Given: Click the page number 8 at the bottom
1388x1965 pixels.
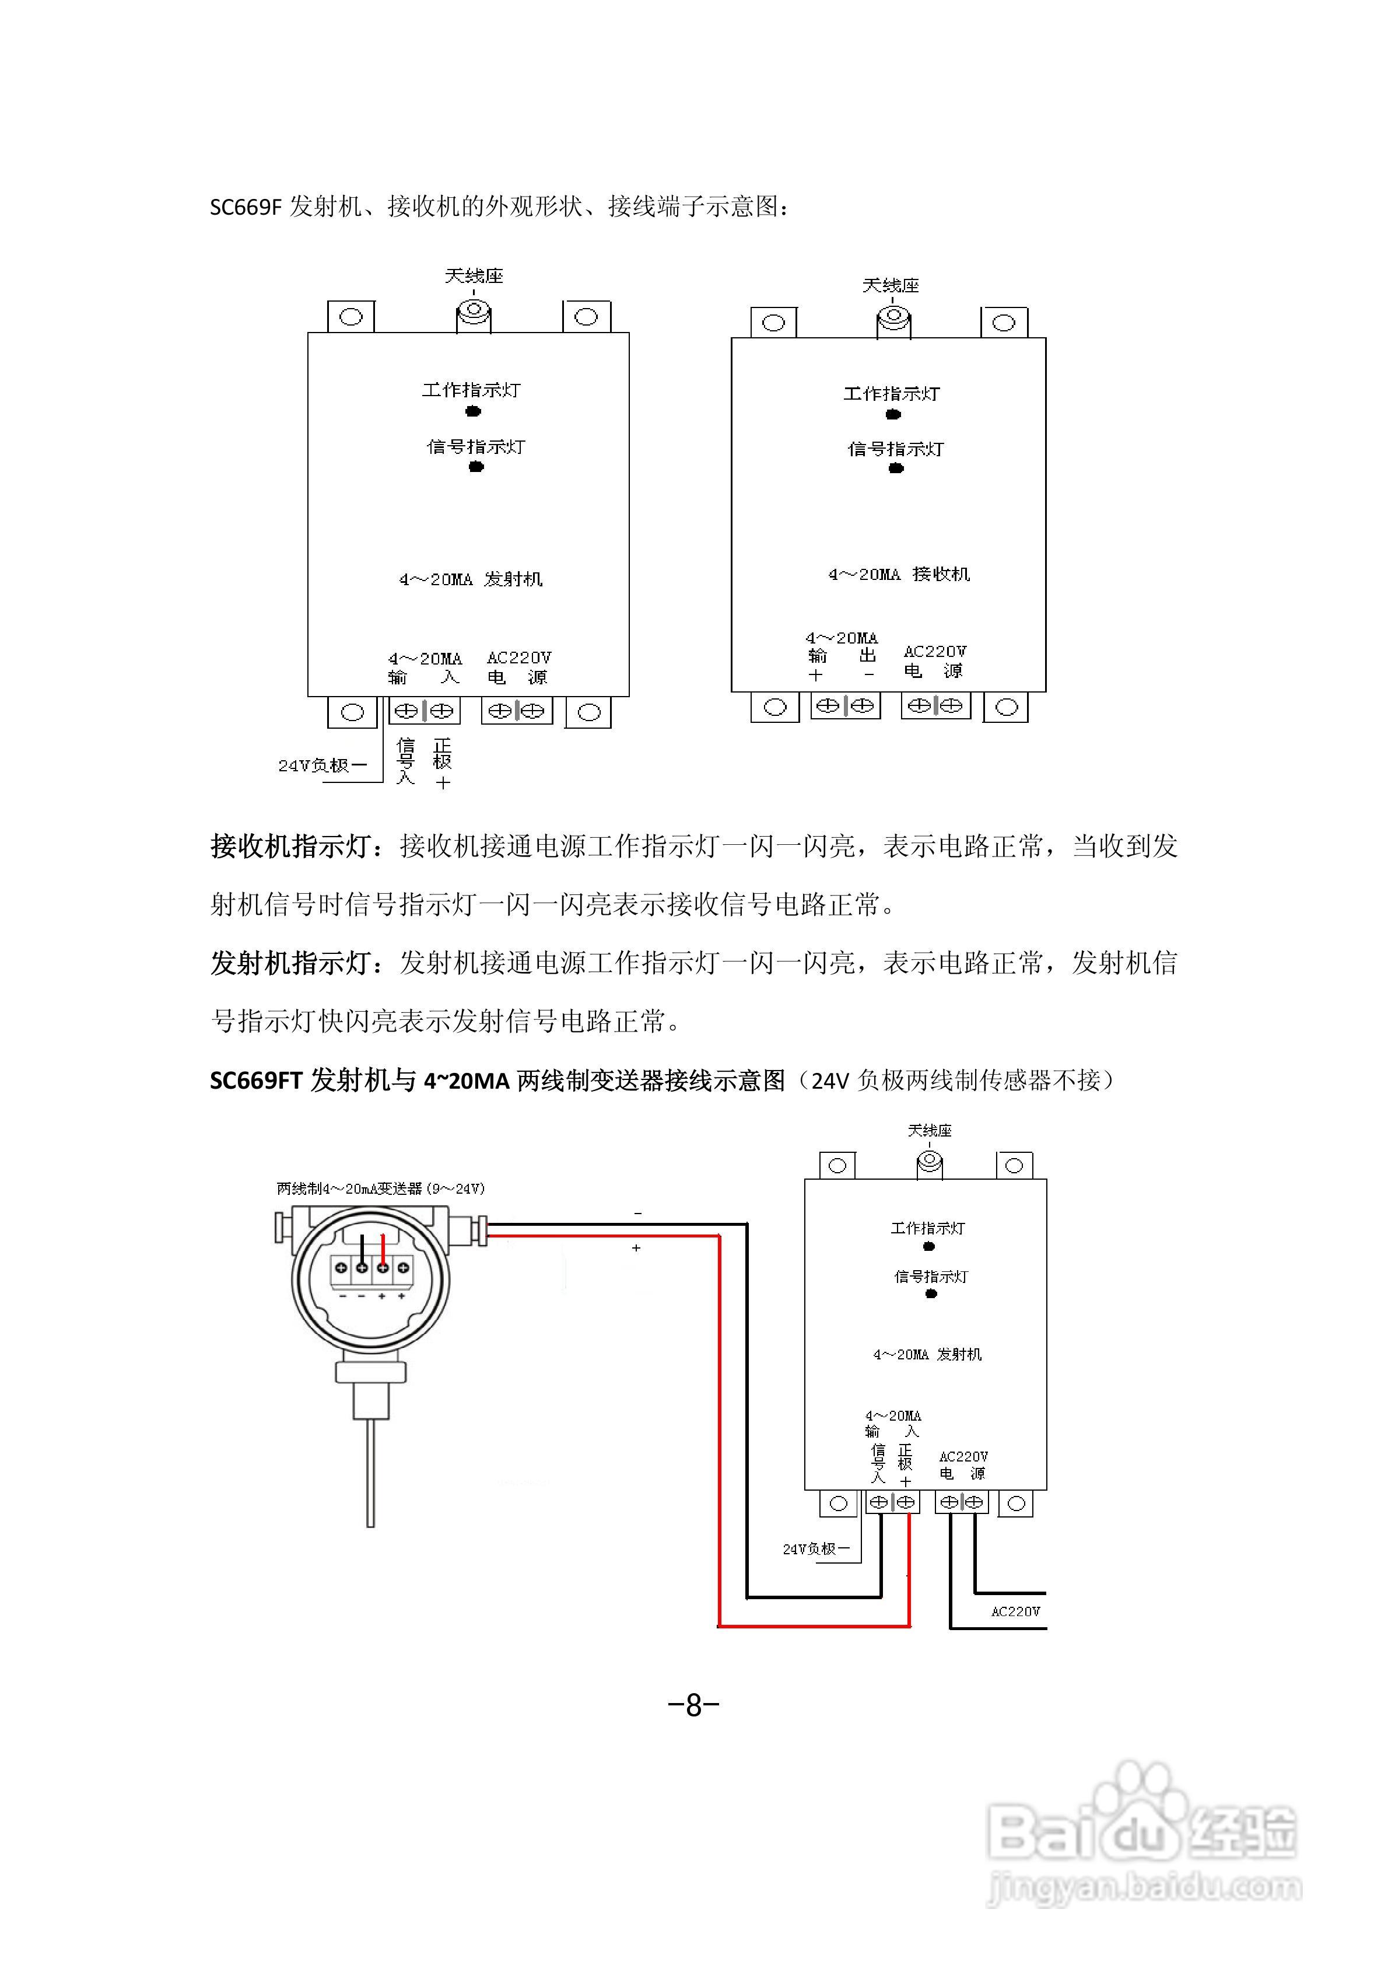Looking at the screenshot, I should (693, 1705).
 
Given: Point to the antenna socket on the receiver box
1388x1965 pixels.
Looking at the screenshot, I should (892, 320).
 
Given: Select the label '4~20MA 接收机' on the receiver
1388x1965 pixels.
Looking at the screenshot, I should (899, 574).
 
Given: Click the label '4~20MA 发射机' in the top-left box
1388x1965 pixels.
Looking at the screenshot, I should (471, 579).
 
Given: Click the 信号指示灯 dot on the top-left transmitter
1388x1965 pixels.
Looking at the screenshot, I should (476, 466).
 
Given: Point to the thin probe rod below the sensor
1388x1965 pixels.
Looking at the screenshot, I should (370, 1471).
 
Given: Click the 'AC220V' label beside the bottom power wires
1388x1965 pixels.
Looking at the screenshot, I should (1015, 1611).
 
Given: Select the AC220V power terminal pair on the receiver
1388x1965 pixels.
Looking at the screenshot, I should (935, 706).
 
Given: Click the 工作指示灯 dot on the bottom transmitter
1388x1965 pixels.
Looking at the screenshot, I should (928, 1247).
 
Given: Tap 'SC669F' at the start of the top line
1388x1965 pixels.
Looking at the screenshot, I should (245, 207).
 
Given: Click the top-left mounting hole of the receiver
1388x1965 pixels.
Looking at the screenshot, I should (773, 323).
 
